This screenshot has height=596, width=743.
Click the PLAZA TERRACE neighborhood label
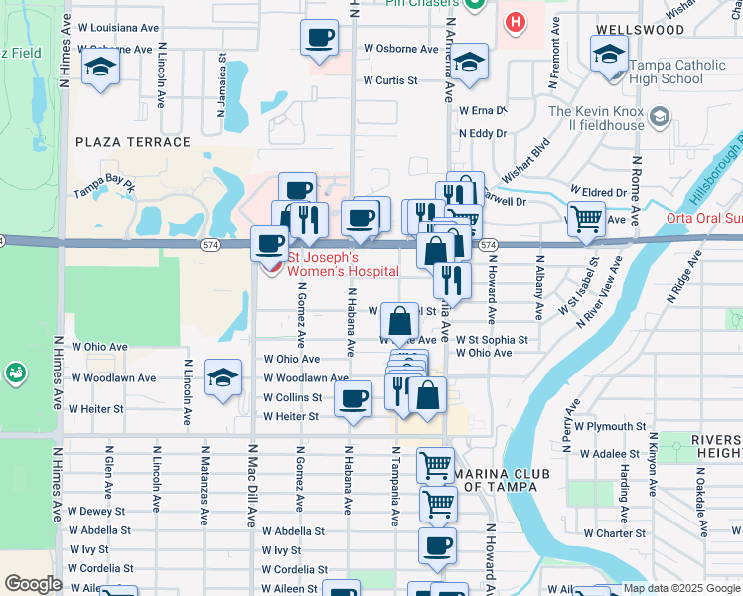[132, 142]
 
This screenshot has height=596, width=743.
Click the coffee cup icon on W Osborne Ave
[319, 38]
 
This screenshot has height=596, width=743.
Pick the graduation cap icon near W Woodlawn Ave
[223, 377]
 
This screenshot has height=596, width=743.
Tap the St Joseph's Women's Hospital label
[343, 265]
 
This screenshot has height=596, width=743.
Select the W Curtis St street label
[389, 80]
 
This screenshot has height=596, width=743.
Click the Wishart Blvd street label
[525, 159]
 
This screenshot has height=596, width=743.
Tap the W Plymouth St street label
[608, 426]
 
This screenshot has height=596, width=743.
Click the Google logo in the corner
[33, 584]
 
